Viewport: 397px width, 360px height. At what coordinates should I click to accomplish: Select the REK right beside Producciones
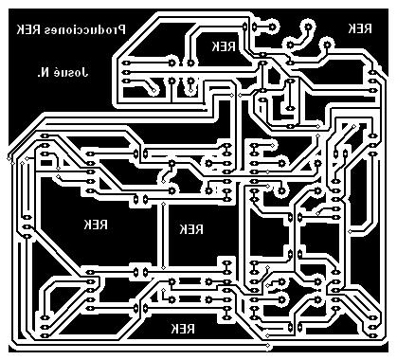(28, 30)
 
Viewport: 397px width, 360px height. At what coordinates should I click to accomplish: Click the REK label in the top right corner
(359, 28)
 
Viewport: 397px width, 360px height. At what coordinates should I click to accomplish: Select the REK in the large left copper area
(96, 225)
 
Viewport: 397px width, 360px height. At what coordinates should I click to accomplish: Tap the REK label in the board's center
(190, 229)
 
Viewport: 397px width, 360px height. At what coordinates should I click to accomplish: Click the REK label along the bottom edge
(184, 329)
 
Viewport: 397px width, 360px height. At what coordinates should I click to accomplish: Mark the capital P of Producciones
(121, 30)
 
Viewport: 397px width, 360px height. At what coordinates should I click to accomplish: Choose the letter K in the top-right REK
(352, 28)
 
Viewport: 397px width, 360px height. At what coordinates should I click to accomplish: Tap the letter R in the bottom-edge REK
(192, 329)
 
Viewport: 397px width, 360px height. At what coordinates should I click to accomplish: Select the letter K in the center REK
(182, 229)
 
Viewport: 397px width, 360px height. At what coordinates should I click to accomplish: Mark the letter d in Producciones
(102, 30)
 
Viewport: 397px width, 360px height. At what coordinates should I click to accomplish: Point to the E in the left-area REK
(96, 225)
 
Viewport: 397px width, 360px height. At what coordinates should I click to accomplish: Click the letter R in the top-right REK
(368, 28)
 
